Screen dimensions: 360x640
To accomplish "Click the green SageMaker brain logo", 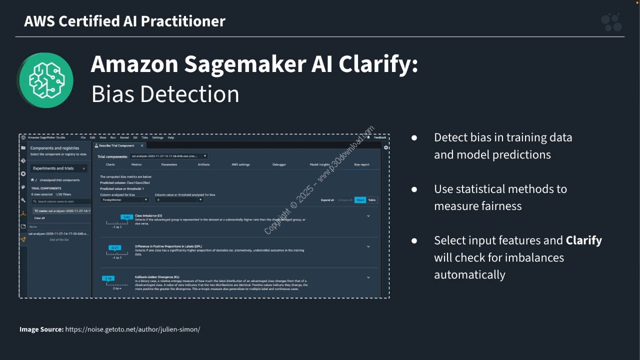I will (x=46, y=80).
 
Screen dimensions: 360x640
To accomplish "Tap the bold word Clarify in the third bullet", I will (x=583, y=240).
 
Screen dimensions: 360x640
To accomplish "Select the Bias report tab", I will (x=361, y=164).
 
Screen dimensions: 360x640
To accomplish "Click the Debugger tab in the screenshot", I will (x=279, y=164).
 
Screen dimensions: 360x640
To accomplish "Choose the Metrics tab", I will (x=136, y=164).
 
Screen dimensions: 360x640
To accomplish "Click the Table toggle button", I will (x=372, y=200).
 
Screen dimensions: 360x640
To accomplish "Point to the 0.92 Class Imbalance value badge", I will (x=127, y=217).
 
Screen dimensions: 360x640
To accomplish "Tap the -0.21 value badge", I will (x=115, y=247).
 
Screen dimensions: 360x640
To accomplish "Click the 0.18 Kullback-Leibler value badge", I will (x=108, y=278).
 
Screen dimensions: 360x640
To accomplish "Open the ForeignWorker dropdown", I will (x=125, y=200).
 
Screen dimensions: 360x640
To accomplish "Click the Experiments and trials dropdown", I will (x=59, y=168).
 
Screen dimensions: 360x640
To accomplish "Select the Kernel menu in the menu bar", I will (x=124, y=137).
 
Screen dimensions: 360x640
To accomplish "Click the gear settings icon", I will (x=386, y=147).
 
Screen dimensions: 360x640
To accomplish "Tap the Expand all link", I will (x=327, y=200).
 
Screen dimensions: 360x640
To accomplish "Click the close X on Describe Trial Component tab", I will (x=141, y=145).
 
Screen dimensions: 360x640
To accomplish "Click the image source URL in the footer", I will (x=132, y=329).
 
